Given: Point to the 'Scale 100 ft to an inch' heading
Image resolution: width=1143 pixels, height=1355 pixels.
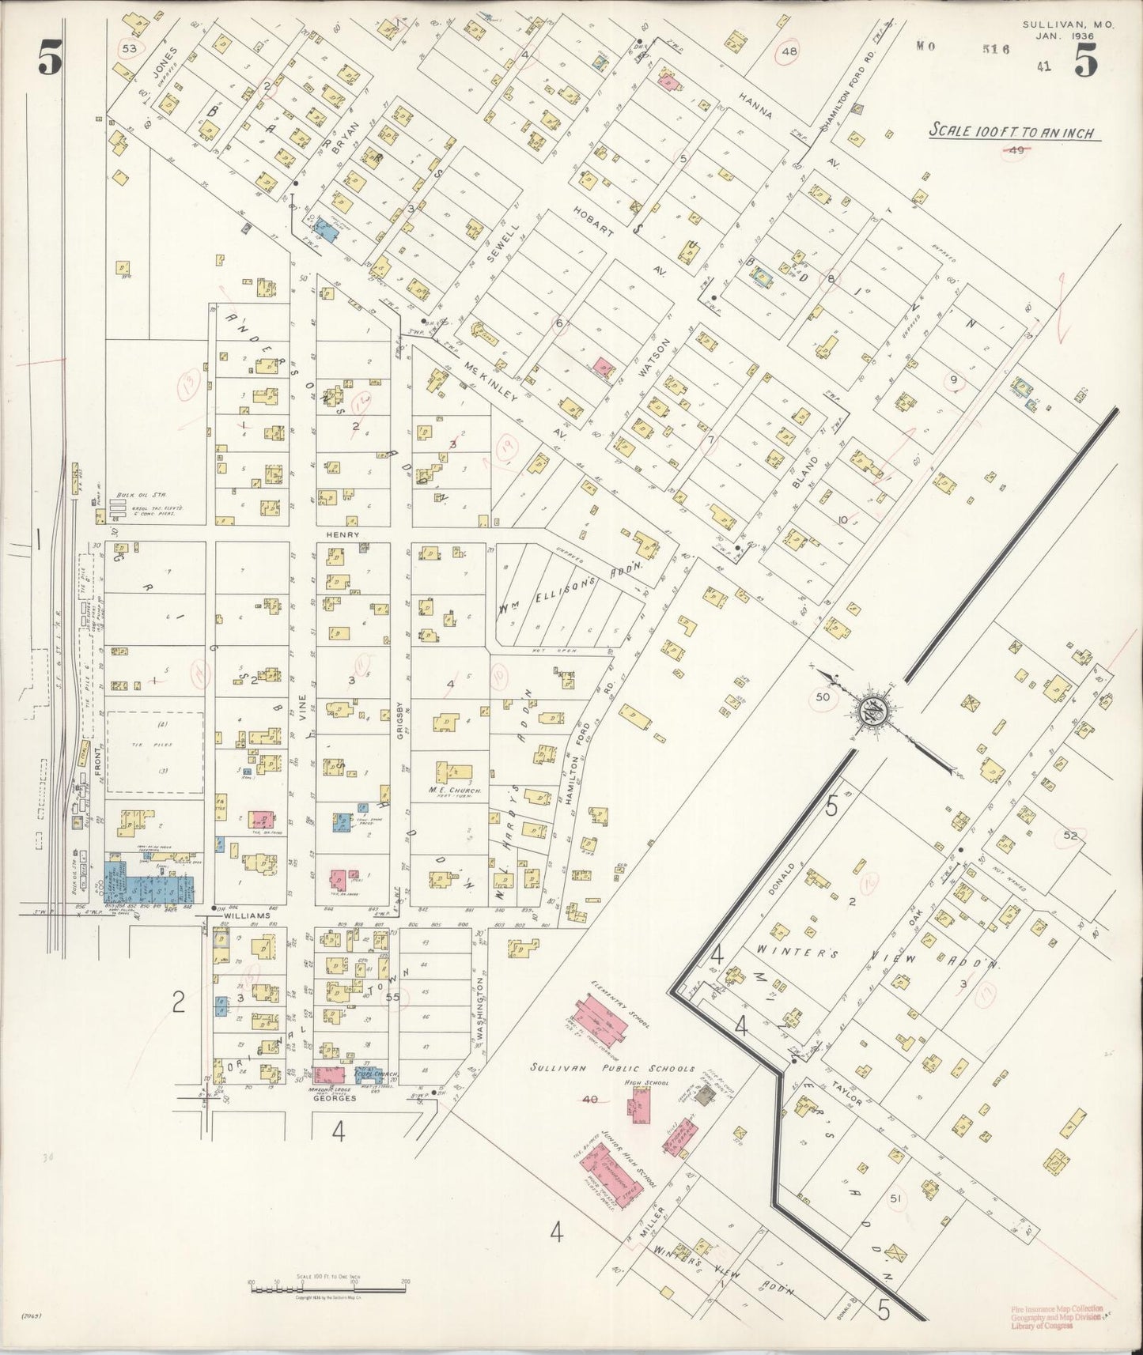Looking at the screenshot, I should pos(1012,132).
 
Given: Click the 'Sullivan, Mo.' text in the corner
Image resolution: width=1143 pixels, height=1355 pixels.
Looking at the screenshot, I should pos(1067,25).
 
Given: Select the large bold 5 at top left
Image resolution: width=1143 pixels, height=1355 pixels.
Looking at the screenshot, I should pos(48,60).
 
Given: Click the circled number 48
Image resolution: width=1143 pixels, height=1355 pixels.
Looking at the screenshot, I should pos(789,51).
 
